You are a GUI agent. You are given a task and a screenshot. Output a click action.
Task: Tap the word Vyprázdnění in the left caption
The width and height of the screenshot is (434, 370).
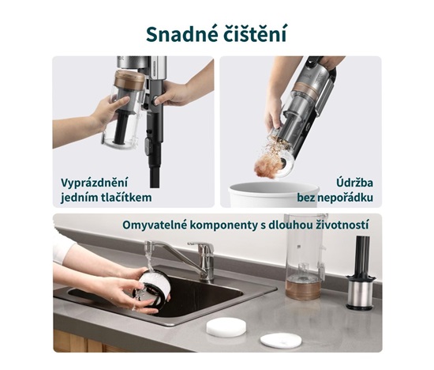[95, 183]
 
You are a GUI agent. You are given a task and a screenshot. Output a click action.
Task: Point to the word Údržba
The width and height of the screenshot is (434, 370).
[354, 183]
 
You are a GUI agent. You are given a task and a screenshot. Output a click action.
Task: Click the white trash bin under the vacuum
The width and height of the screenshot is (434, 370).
[274, 194]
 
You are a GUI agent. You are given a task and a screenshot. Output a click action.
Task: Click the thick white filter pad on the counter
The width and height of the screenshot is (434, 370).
[225, 327]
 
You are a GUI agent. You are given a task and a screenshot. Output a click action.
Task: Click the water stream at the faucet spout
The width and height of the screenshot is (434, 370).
[149, 257]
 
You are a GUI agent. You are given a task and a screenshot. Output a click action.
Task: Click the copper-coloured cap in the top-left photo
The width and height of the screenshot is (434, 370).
[130, 78]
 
